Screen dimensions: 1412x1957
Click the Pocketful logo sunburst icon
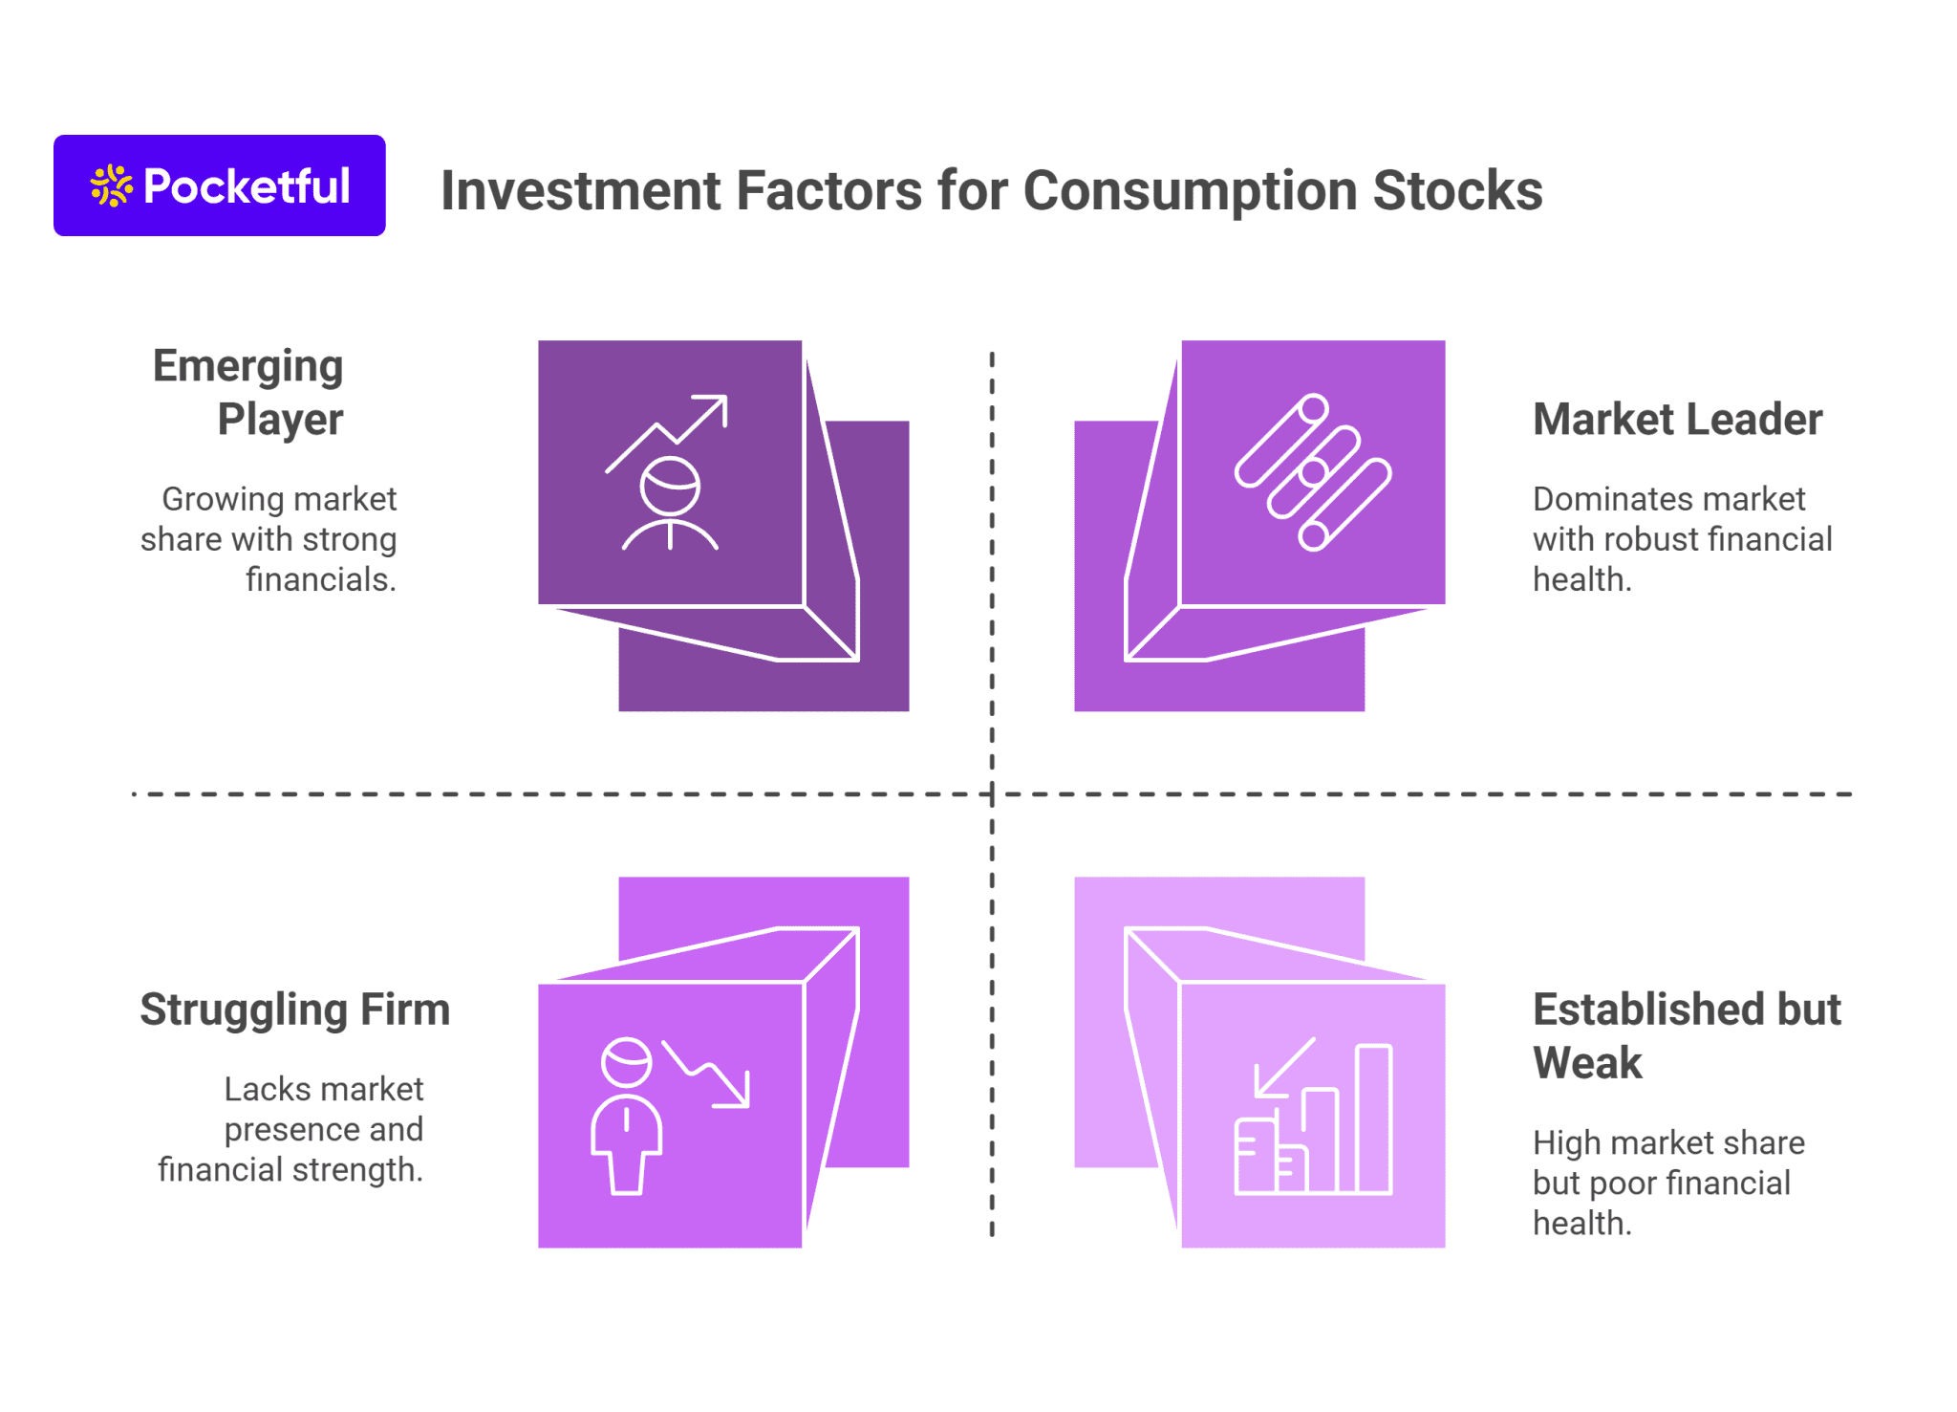(111, 185)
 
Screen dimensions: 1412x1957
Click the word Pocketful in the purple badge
(247, 186)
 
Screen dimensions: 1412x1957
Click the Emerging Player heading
(248, 392)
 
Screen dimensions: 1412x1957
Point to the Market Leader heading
(1677, 419)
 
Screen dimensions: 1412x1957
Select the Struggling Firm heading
(294, 1010)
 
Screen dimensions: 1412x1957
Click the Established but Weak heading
(1686, 1035)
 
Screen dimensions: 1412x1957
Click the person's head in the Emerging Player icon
(670, 486)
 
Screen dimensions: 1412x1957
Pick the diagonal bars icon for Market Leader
(1313, 472)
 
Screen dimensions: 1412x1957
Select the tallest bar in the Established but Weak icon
(1373, 1119)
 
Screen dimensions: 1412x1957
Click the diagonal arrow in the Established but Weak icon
(1285, 1066)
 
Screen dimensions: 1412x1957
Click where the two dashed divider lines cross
(992, 793)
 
